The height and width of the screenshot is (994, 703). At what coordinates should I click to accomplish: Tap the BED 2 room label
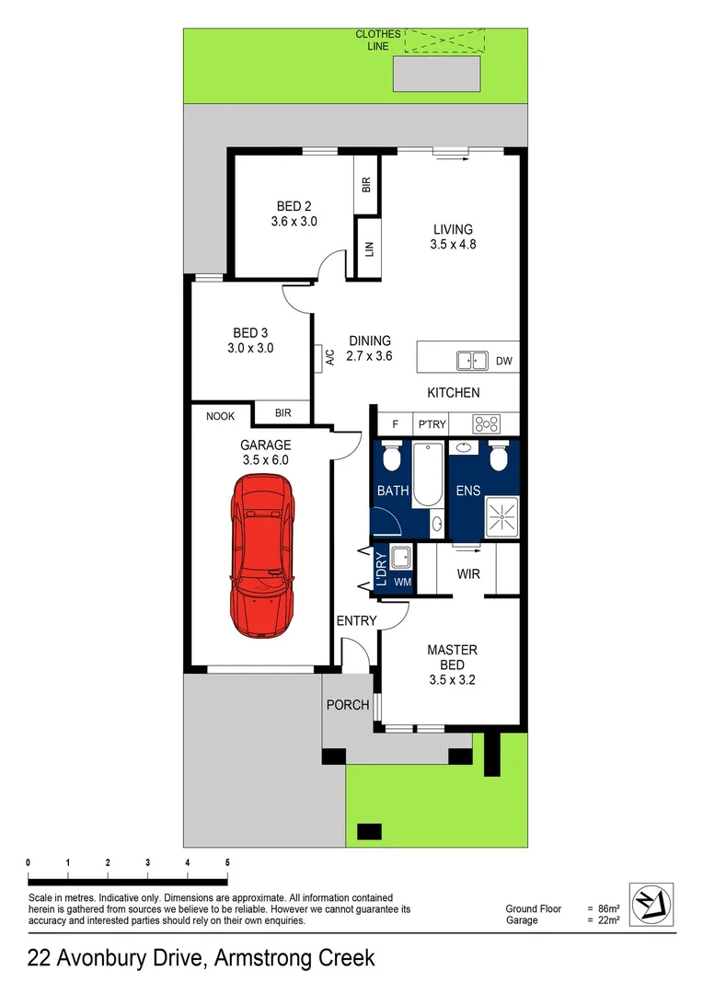(294, 214)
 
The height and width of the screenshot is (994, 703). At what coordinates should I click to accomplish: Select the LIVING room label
(452, 237)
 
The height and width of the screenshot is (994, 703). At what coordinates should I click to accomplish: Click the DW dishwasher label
(503, 361)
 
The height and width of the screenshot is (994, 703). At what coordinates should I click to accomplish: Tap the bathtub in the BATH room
(426, 474)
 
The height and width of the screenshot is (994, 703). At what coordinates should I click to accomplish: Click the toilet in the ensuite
(498, 457)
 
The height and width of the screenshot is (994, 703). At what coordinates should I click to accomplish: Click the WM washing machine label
(402, 583)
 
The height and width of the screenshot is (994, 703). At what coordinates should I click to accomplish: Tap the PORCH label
(348, 705)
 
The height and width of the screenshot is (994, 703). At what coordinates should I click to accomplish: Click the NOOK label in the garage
(220, 416)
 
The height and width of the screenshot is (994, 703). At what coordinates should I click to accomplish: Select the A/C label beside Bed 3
(328, 357)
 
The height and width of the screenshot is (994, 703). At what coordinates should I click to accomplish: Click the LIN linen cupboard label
(368, 248)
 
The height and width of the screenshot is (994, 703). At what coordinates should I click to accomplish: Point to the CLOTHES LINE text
(378, 40)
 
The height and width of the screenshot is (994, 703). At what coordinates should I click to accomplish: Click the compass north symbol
(651, 901)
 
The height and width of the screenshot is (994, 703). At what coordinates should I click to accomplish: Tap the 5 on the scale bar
(227, 861)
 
